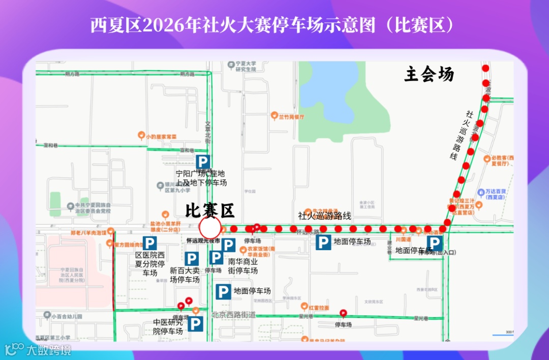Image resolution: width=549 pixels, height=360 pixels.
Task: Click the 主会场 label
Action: [x=429, y=75]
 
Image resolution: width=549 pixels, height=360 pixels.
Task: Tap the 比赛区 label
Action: [x=209, y=209]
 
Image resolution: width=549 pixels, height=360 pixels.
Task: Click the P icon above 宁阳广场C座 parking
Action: [x=203, y=162]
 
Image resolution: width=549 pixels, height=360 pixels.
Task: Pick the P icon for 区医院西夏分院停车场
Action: [x=149, y=243]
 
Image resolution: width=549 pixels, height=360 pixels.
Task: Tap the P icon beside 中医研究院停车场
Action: [x=196, y=324]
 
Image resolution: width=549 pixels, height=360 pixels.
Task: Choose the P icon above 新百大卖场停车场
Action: [x=192, y=259]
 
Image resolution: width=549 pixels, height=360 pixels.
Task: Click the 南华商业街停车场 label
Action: [x=243, y=266]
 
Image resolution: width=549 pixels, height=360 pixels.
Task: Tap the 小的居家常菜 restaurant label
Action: [x=160, y=136]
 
